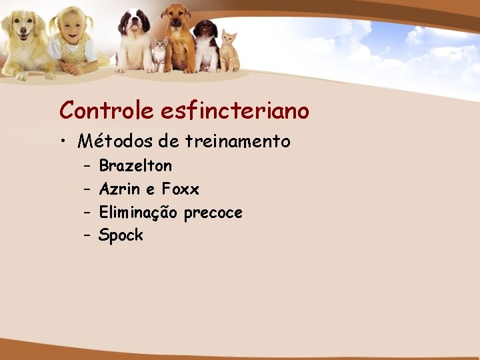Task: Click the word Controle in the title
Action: click(x=107, y=110)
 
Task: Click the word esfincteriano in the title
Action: click(x=235, y=110)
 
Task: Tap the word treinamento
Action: click(x=238, y=141)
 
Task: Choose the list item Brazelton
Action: click(x=135, y=165)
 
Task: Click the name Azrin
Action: click(x=119, y=189)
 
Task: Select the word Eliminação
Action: click(x=138, y=213)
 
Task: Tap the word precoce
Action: click(x=213, y=213)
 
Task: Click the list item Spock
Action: click(x=121, y=235)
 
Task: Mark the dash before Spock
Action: click(x=87, y=235)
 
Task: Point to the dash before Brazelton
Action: click(x=87, y=165)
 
